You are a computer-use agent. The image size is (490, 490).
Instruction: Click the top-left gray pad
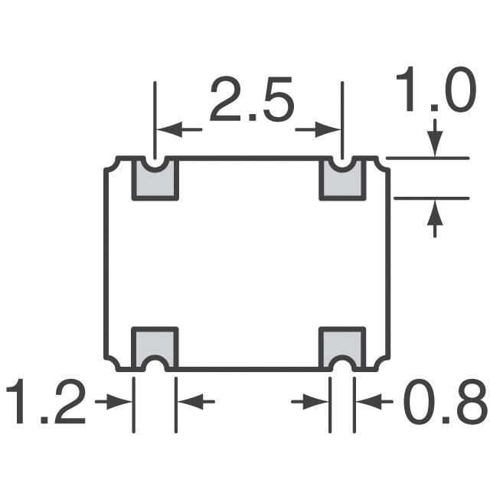[x=155, y=184]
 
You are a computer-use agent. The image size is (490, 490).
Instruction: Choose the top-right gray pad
[x=341, y=184]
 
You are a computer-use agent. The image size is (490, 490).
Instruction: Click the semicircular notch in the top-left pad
[x=155, y=163]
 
